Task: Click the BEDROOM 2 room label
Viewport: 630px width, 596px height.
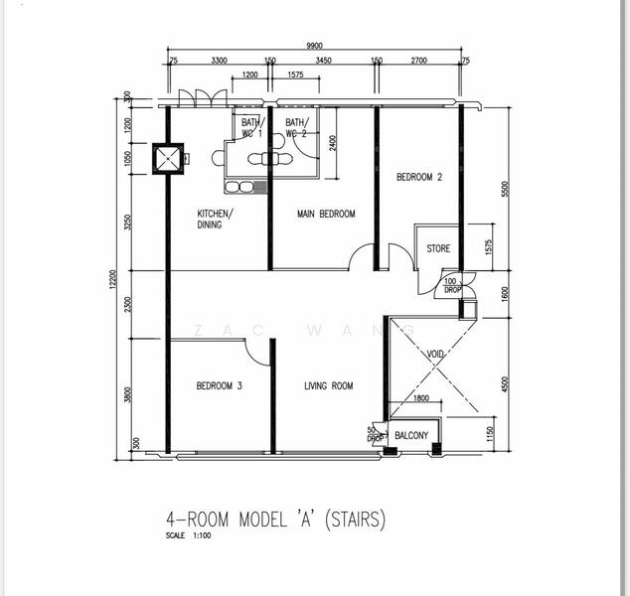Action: click(x=419, y=178)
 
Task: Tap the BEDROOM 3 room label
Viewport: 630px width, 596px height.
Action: click(x=219, y=386)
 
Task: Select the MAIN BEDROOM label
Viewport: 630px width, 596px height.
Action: click(x=326, y=215)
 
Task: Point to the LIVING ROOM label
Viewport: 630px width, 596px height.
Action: click(x=329, y=386)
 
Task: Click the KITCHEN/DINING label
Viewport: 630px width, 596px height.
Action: click(x=216, y=220)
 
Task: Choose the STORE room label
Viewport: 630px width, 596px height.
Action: click(x=438, y=249)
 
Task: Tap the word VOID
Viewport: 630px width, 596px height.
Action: click(x=435, y=355)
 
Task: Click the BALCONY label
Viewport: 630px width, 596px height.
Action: click(x=411, y=436)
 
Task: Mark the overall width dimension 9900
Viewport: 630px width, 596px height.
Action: click(x=316, y=46)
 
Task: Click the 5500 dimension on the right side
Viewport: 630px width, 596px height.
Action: click(x=506, y=190)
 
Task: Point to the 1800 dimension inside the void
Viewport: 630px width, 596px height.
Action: click(x=420, y=399)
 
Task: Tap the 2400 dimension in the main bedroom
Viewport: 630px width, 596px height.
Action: click(x=333, y=143)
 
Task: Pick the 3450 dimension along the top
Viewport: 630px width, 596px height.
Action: click(x=323, y=62)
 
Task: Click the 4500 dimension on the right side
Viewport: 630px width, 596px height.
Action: click(x=506, y=386)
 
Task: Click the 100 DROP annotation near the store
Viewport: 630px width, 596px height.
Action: click(x=451, y=285)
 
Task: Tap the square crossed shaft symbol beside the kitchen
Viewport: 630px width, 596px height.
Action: click(x=167, y=158)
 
